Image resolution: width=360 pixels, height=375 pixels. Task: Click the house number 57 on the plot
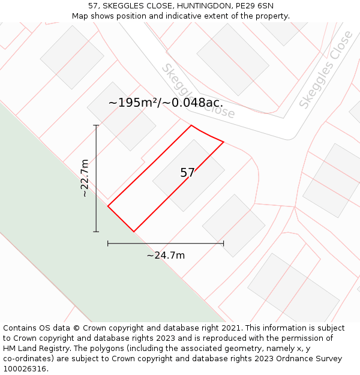click(187, 173)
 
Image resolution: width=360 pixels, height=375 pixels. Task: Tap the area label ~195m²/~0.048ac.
click(166, 103)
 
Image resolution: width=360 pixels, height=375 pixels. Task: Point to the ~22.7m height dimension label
click(85, 178)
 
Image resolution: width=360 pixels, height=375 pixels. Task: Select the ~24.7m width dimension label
click(166, 256)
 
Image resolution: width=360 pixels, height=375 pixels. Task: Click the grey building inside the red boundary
click(188, 175)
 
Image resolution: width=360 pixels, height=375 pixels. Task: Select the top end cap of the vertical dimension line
click(96, 125)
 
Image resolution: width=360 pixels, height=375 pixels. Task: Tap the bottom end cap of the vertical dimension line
click(96, 232)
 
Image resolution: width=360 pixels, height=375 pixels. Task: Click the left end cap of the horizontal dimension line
click(108, 243)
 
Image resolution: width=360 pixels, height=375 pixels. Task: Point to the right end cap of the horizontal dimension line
click(223, 243)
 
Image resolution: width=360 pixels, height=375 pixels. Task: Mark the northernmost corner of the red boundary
click(191, 125)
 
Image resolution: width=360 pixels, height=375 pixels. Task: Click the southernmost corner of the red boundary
click(133, 232)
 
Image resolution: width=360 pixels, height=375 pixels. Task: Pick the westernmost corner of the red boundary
click(108, 206)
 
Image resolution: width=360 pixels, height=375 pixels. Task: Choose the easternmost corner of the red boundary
click(223, 142)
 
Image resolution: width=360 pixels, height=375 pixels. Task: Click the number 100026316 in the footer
click(25, 369)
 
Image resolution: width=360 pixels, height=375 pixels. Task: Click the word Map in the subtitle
click(81, 16)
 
